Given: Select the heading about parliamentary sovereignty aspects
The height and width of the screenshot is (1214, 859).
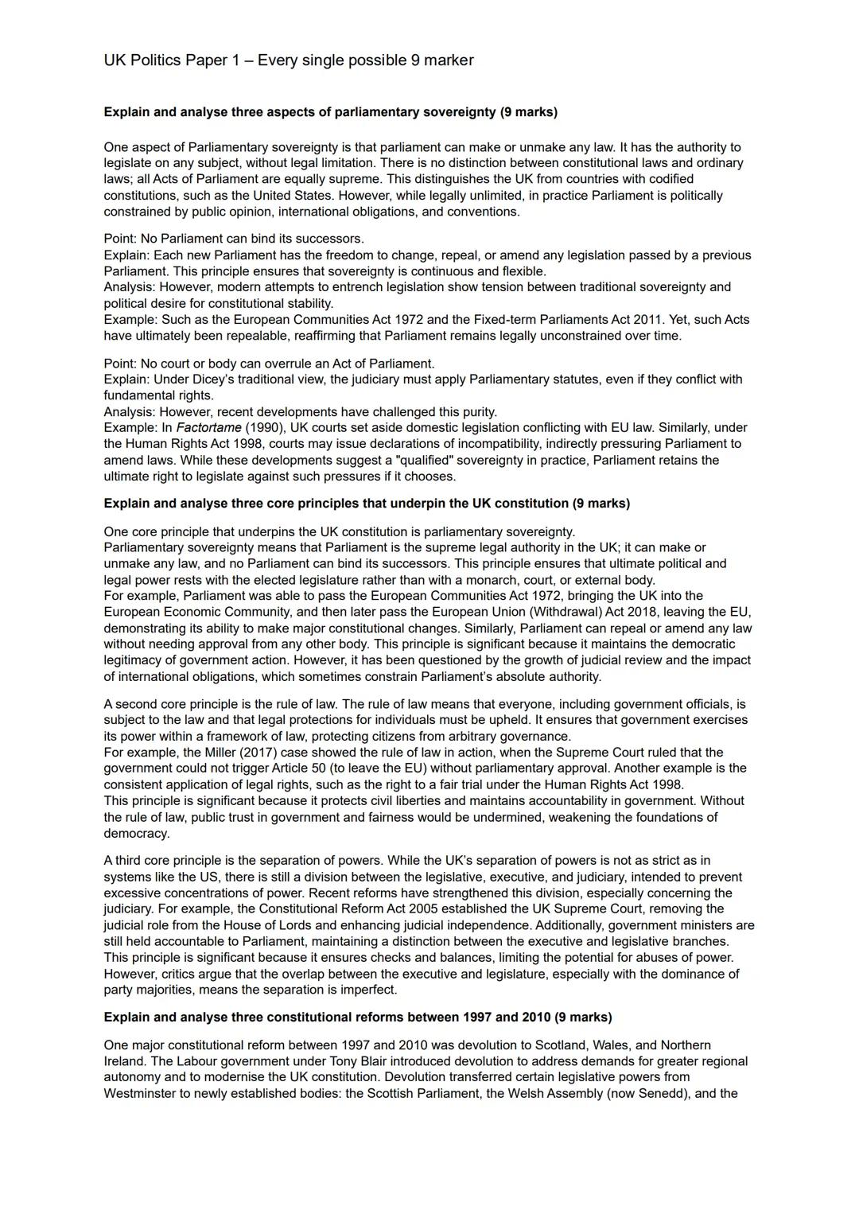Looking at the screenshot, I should pyautogui.click(x=330, y=112).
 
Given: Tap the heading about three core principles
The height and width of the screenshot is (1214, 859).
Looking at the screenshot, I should pyautogui.click(x=366, y=504).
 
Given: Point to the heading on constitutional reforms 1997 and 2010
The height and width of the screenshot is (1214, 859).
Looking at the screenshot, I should pyautogui.click(x=357, y=1018).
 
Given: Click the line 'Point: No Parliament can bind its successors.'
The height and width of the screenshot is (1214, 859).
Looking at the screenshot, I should pyautogui.click(x=234, y=239).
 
